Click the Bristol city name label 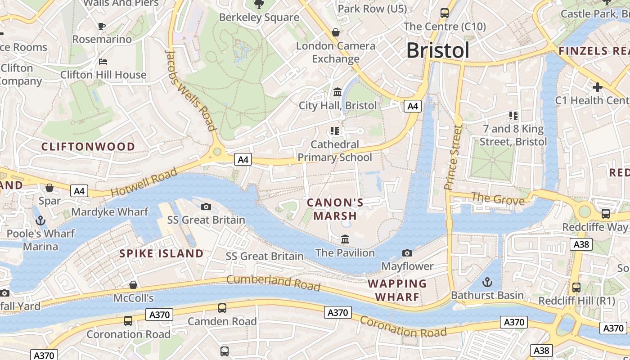[438, 50]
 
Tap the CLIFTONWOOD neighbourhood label [88, 147]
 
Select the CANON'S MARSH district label [335, 209]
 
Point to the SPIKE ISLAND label [162, 253]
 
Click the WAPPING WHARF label [397, 290]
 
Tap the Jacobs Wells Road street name [191, 90]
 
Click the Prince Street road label [453, 157]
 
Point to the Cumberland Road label [273, 283]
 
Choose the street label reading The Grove [498, 198]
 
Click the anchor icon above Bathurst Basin [487, 282]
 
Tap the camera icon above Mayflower [407, 253]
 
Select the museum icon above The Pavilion [345, 239]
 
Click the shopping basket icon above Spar [49, 188]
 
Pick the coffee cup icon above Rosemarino [102, 26]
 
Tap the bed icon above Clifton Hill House [103, 62]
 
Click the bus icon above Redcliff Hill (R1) [576, 287]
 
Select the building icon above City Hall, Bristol [337, 92]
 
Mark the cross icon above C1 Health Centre [598, 87]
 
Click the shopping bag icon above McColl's [133, 285]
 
